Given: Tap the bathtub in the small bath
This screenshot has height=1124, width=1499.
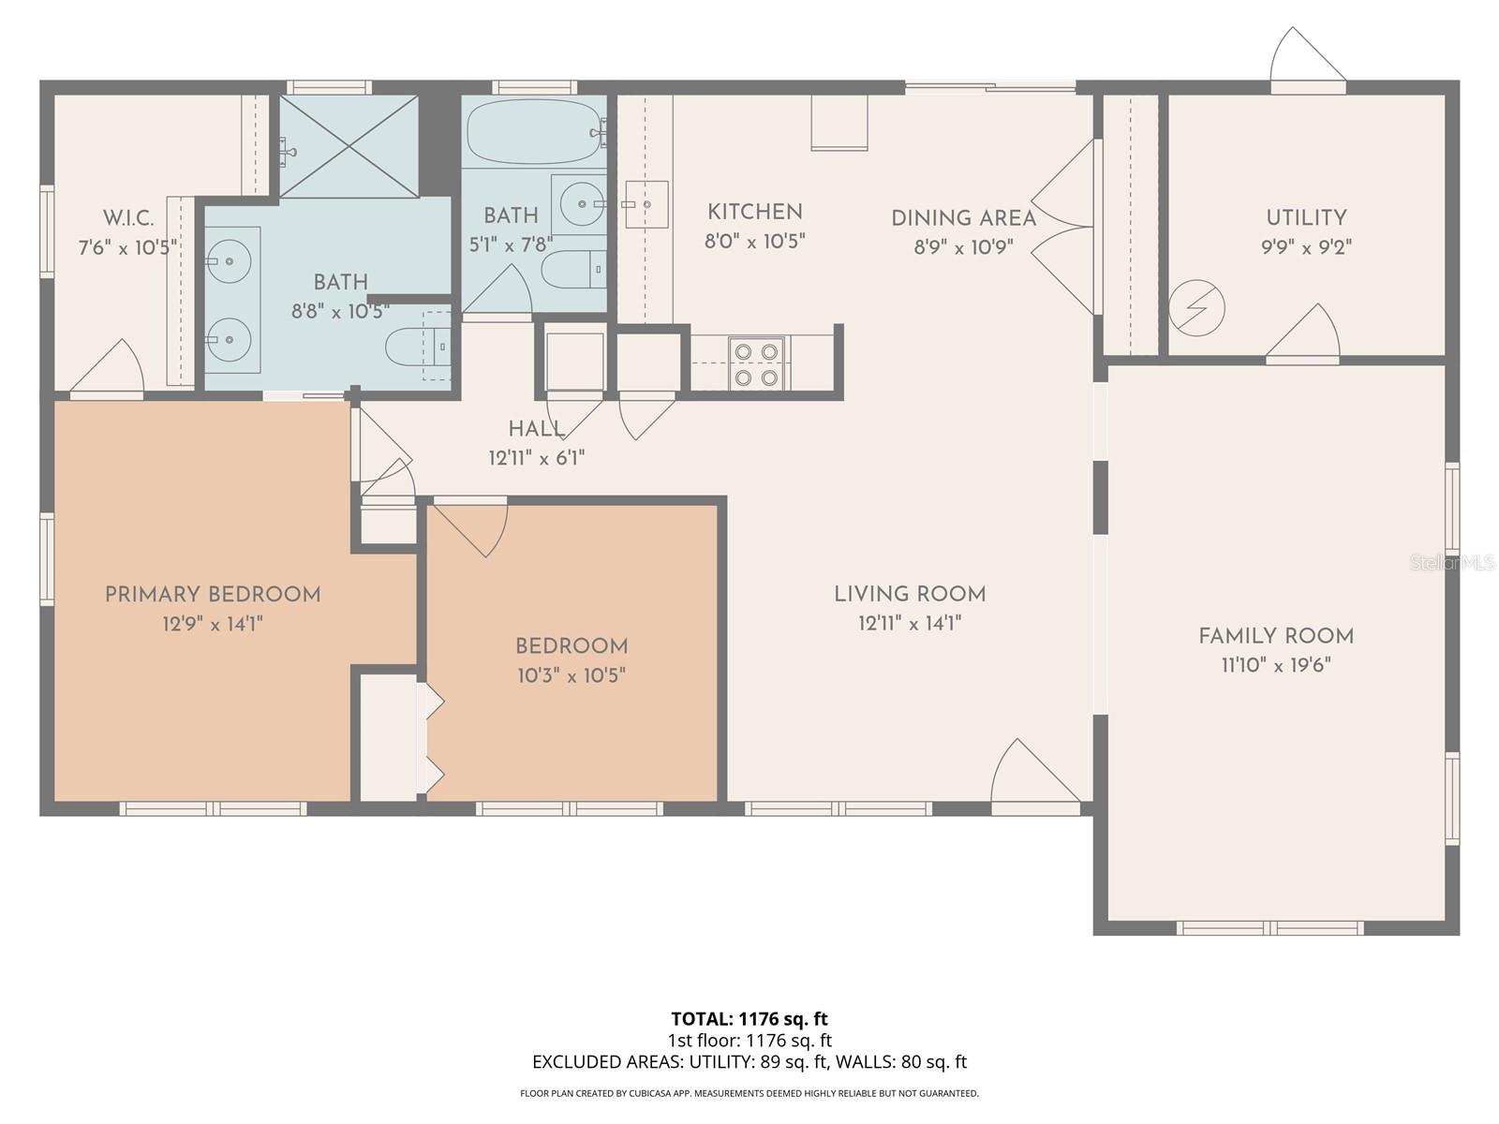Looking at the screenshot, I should pos(534,133).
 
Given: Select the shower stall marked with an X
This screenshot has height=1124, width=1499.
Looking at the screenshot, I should pos(349,146).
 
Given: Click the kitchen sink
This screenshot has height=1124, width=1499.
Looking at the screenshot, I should pos(646,203).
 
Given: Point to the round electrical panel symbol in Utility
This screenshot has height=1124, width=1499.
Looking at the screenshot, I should pos(1197,307).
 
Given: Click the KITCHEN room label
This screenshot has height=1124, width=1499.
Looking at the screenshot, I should pos(754,213).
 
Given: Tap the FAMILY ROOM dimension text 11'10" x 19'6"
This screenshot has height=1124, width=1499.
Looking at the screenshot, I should pos(1275,665).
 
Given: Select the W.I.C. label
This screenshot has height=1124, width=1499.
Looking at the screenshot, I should pos(128,218).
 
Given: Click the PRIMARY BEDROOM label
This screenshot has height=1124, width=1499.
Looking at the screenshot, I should pos(213,595).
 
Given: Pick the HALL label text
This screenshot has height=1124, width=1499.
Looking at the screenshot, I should pos(536,430).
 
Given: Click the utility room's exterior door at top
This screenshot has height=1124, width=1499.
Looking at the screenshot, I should pos(1307,58).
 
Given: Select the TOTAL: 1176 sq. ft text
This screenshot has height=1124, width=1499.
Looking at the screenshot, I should pos(749,1018).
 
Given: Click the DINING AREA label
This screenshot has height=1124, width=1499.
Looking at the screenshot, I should pos(963,218).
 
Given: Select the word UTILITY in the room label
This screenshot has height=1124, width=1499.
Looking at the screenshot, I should pos(1306,218).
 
